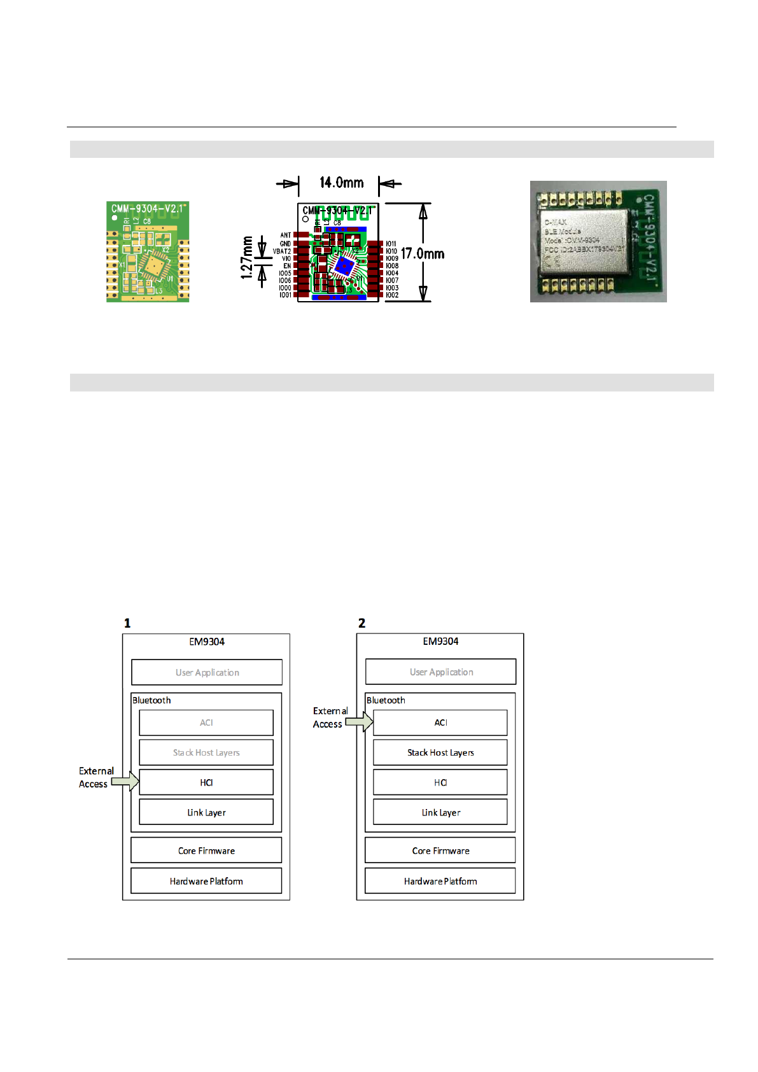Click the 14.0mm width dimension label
click(341, 183)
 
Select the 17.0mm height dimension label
click(423, 253)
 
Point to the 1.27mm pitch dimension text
click(247, 258)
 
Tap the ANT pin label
click(286, 235)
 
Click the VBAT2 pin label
click(282, 251)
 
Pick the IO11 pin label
click(391, 244)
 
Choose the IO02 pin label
click(392, 295)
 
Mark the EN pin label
click(287, 266)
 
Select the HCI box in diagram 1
click(206, 782)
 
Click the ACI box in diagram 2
click(440, 723)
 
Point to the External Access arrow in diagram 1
click(126, 781)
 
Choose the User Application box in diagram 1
click(207, 672)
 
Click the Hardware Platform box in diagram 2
click(440, 881)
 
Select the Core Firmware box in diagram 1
click(206, 850)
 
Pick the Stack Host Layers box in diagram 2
click(440, 752)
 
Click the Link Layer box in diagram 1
click(206, 812)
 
